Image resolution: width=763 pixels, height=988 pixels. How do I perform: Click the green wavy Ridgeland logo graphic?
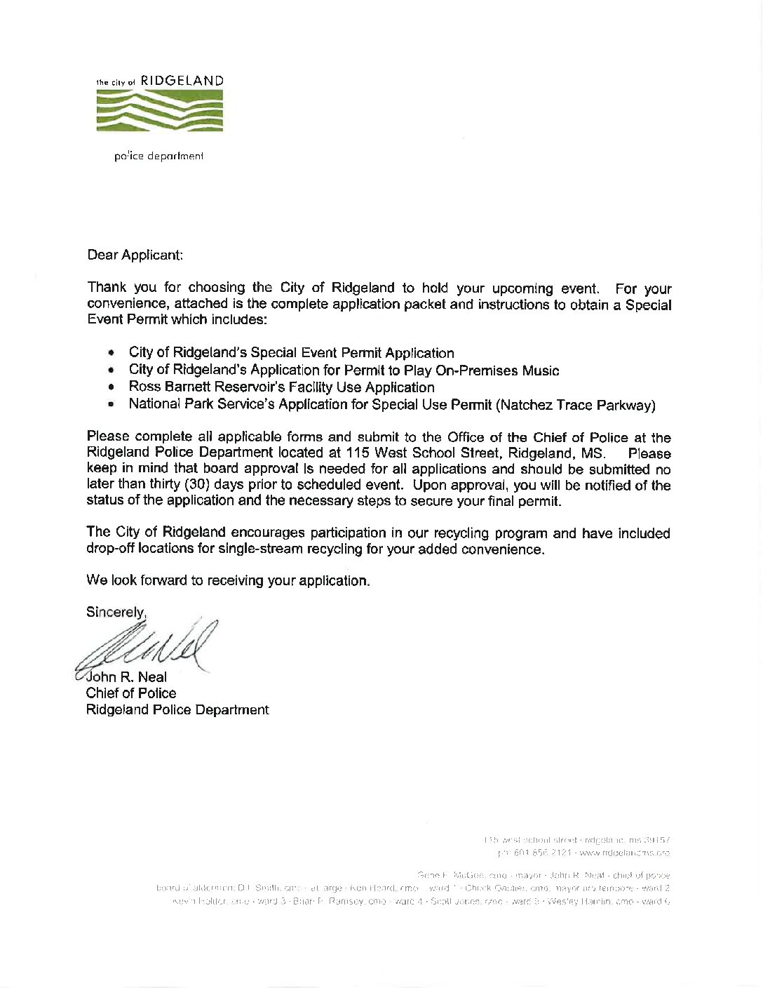pyautogui.click(x=160, y=111)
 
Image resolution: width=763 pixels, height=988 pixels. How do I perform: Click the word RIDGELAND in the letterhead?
pyautogui.click(x=182, y=81)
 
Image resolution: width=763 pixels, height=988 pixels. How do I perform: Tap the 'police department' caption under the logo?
pyautogui.click(x=159, y=156)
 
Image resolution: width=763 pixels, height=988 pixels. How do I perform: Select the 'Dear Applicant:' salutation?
pyautogui.click(x=135, y=255)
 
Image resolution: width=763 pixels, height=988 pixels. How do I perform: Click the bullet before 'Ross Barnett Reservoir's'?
pyautogui.click(x=112, y=387)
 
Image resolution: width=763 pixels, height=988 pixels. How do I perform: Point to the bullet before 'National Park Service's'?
pyautogui.click(x=112, y=405)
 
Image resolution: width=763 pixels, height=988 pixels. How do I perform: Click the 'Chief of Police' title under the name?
pyautogui.click(x=131, y=693)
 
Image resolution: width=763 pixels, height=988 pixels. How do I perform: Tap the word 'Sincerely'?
pyautogui.click(x=115, y=612)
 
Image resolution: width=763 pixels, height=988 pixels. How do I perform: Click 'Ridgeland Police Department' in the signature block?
pyautogui.click(x=177, y=709)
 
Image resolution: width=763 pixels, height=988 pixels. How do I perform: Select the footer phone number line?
pyautogui.click(x=583, y=853)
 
